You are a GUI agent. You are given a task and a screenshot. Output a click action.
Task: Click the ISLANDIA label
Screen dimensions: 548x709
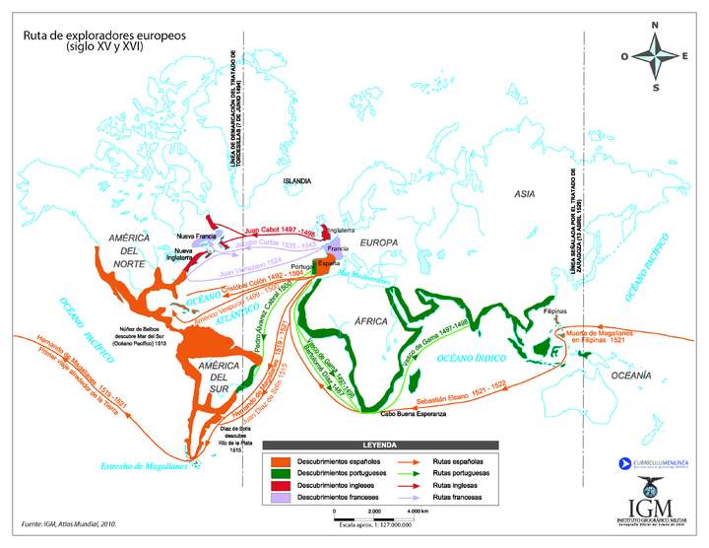coord(296,181)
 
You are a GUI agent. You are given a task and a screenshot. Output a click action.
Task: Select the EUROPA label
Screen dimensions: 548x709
coord(378,242)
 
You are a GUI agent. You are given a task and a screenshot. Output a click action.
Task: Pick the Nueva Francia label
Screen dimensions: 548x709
coord(196,236)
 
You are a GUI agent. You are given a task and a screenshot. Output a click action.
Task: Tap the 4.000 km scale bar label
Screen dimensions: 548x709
coord(419,512)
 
